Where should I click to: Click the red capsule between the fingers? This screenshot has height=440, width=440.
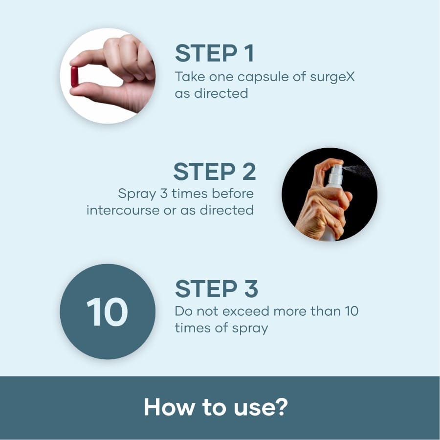tap(74, 77)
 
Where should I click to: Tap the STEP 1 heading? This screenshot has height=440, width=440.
tap(215, 53)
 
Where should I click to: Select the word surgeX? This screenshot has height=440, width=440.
tap(332, 77)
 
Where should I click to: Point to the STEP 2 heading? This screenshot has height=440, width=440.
tap(215, 172)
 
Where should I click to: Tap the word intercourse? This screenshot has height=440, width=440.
tap(123, 210)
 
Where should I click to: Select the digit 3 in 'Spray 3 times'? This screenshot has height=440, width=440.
tap(164, 194)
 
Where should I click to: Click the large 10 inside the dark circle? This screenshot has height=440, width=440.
tap(107, 312)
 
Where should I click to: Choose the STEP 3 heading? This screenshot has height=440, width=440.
tap(217, 289)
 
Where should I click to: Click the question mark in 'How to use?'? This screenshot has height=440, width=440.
tap(281, 407)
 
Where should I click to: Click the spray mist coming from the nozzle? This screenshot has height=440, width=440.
tap(357, 170)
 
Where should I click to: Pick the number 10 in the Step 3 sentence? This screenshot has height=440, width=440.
tap(352, 311)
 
